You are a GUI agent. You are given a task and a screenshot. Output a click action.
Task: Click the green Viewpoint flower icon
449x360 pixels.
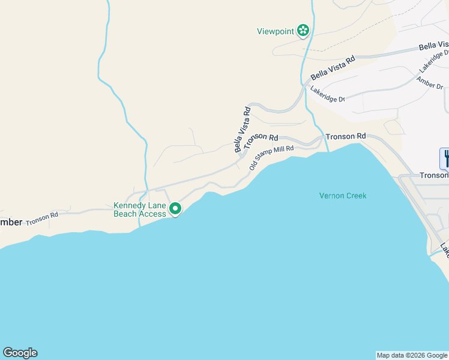303,30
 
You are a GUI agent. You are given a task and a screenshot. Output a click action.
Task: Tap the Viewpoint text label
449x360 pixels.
275,31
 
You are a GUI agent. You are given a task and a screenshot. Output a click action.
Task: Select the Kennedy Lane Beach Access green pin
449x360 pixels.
175,209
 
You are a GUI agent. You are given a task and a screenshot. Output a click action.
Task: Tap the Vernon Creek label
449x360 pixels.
342,196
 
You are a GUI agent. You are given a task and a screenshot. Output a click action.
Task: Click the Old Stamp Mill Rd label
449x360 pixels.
271,157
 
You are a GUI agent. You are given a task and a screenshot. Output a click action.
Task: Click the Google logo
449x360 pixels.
20,353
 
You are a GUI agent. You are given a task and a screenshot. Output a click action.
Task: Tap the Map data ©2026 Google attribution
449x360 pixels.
412,355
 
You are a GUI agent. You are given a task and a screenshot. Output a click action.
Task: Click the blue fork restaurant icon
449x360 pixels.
445,158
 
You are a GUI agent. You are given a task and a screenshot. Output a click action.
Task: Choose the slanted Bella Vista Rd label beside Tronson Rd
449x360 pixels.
243,129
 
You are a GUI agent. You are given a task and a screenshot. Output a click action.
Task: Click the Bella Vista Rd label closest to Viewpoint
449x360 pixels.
333,68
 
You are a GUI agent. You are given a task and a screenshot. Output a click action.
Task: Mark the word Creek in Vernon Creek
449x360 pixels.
355,196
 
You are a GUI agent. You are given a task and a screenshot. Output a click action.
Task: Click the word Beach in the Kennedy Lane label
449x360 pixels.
125,214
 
